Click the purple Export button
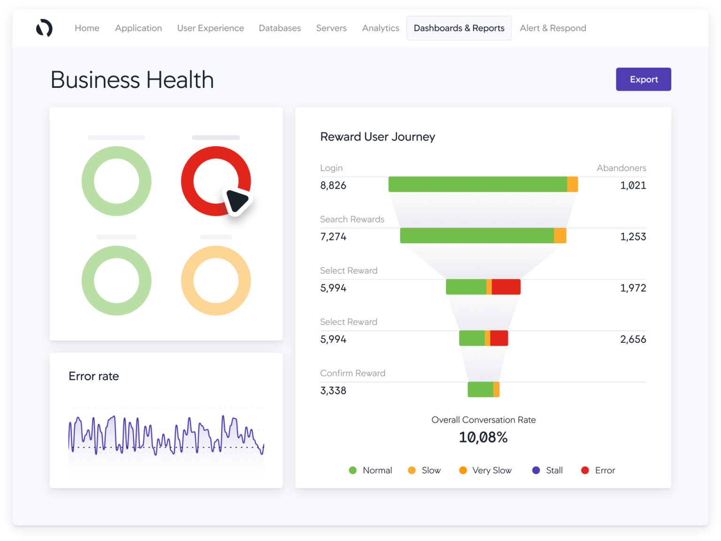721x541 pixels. pos(643,79)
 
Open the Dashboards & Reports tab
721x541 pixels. pos(459,28)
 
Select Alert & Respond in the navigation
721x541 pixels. pos(552,28)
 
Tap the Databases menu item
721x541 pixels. pos(279,28)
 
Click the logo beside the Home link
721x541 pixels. pos(44,28)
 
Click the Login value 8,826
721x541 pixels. pos(333,185)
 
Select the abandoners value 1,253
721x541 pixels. pos(633,237)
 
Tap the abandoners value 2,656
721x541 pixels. pos(633,339)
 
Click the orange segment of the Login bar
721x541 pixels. pos(572,185)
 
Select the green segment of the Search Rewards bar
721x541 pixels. pos(476,236)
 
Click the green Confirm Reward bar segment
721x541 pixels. pos(480,389)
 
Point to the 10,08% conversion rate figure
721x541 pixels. pos(483,437)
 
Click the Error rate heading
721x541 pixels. pos(93,376)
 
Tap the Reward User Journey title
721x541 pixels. pos(377,137)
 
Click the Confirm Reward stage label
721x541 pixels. pos(353,373)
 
